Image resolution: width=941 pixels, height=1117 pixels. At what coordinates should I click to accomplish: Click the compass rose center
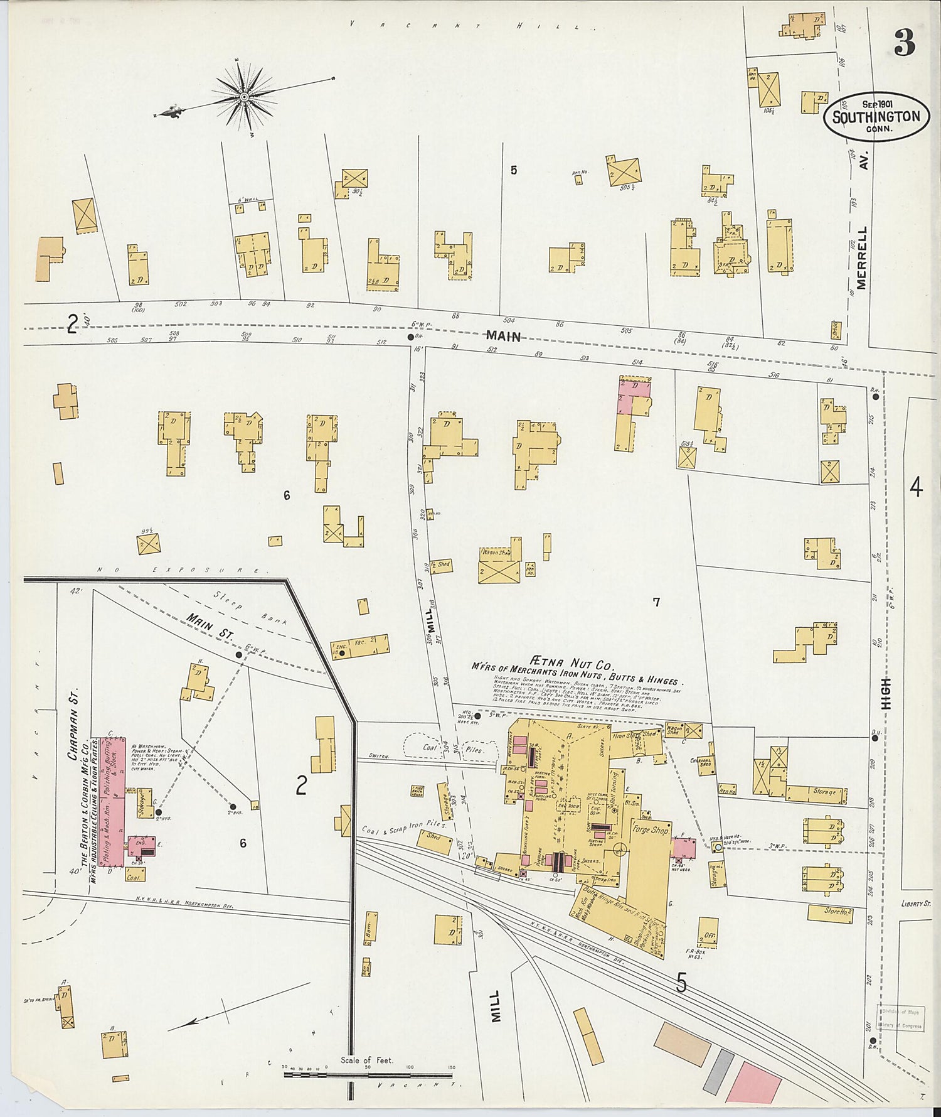click(x=243, y=97)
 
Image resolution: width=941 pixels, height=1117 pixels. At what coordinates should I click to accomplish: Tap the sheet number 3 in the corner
click(x=904, y=42)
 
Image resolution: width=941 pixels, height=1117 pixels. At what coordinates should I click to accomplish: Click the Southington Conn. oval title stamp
click(x=876, y=117)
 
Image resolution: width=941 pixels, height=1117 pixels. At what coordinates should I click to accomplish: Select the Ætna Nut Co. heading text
click(x=573, y=663)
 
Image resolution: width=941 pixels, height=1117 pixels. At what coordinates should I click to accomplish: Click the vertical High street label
click(x=886, y=693)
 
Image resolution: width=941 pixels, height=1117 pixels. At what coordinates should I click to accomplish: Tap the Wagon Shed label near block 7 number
click(x=496, y=553)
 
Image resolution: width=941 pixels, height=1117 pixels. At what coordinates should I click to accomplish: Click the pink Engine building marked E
click(x=142, y=846)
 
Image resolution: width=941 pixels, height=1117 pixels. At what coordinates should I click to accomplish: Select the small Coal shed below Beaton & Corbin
click(x=134, y=877)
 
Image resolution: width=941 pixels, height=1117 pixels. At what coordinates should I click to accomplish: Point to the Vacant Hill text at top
click(x=470, y=26)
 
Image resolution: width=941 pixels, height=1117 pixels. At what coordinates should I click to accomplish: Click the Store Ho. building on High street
click(x=829, y=913)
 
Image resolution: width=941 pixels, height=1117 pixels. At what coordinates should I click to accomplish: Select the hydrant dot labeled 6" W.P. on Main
click(x=410, y=337)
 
